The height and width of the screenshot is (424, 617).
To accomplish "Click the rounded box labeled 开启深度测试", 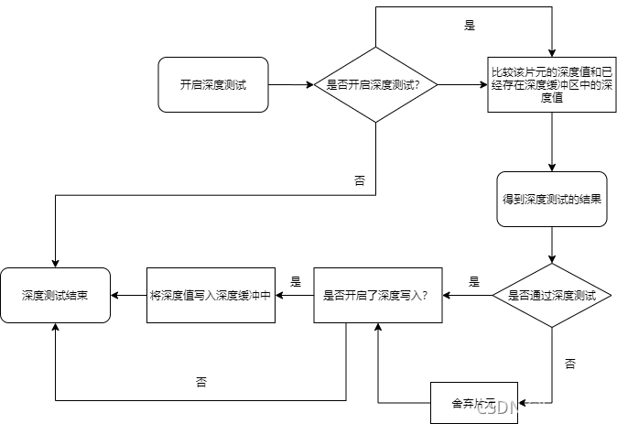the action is tap(212, 84).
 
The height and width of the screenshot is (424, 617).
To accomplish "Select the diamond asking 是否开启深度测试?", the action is tap(374, 84).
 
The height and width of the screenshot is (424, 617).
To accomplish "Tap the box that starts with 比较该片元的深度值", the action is tap(552, 84).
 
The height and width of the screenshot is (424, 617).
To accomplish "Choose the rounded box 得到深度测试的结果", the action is tap(552, 199).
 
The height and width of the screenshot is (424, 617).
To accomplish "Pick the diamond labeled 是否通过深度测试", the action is tap(552, 295).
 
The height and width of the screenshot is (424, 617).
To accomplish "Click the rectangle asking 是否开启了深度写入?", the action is tap(377, 295).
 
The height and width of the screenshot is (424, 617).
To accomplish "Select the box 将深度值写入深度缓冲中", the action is tap(211, 295).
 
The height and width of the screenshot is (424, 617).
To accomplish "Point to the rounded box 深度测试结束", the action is tap(55, 295).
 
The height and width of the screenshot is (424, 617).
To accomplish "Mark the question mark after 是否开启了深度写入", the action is tap(427, 296).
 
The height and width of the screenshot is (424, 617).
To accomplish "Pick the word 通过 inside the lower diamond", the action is tap(540, 296).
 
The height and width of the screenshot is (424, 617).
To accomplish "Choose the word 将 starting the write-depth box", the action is tap(155, 296).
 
